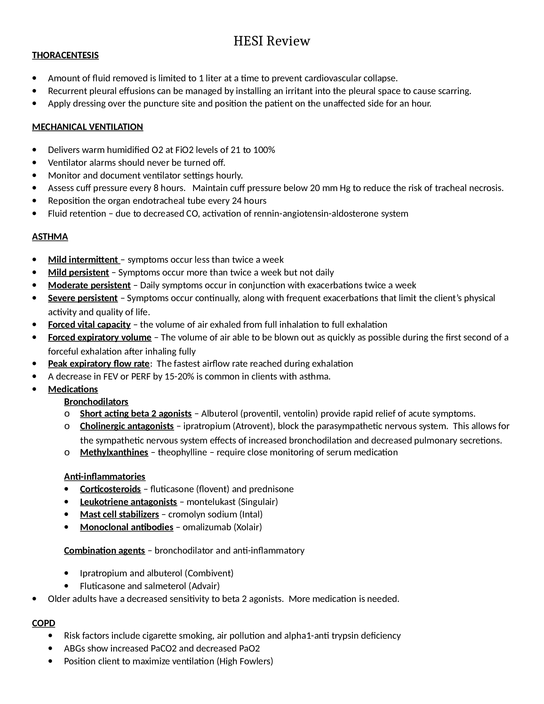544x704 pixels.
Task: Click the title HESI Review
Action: (x=272, y=41)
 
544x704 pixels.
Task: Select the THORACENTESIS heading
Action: (x=65, y=55)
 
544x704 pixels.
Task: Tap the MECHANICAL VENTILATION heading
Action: (x=87, y=127)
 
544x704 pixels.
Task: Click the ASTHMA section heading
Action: (x=50, y=236)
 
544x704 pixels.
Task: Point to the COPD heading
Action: (x=44, y=623)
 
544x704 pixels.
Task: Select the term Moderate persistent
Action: (x=89, y=285)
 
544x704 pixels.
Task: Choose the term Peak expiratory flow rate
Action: (x=99, y=364)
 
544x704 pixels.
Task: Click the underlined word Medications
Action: (x=73, y=389)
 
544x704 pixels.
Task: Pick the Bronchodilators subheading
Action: (x=96, y=402)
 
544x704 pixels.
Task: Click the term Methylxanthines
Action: (x=114, y=452)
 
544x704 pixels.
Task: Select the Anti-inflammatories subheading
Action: (x=104, y=476)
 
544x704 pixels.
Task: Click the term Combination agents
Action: (x=104, y=550)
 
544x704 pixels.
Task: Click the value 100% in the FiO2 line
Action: (x=264, y=150)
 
